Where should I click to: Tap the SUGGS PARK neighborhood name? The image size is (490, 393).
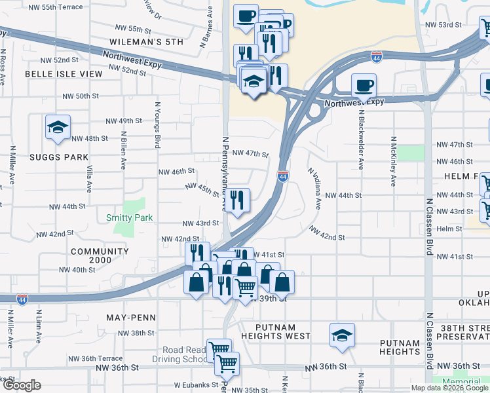[x=58, y=157]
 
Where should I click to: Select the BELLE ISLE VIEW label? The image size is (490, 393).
[x=64, y=74]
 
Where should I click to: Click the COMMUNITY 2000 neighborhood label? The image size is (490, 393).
[x=100, y=257]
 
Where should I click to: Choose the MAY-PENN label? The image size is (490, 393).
[x=131, y=318]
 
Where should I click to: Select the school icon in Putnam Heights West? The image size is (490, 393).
[x=342, y=335]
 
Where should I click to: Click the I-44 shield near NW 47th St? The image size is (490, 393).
[x=282, y=176]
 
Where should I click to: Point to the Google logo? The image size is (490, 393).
[x=22, y=385]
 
